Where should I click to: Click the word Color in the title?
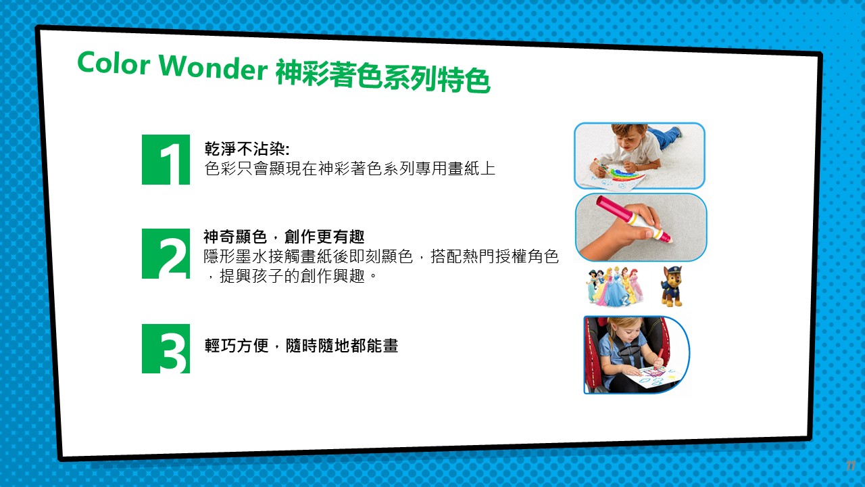[113, 63]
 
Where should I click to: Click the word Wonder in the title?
[213, 66]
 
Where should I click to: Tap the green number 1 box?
[166, 159]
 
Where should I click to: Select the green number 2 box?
[166, 254]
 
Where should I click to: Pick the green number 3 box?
[166, 348]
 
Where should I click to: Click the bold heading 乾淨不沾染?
[247, 148]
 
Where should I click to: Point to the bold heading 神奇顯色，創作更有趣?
[285, 237]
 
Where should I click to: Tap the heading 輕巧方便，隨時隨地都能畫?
[301, 346]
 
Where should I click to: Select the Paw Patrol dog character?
[671, 286]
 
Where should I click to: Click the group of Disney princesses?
[614, 286]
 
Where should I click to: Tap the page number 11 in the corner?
[851, 466]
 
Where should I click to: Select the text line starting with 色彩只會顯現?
[350, 168]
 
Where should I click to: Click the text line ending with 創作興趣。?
[291, 276]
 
